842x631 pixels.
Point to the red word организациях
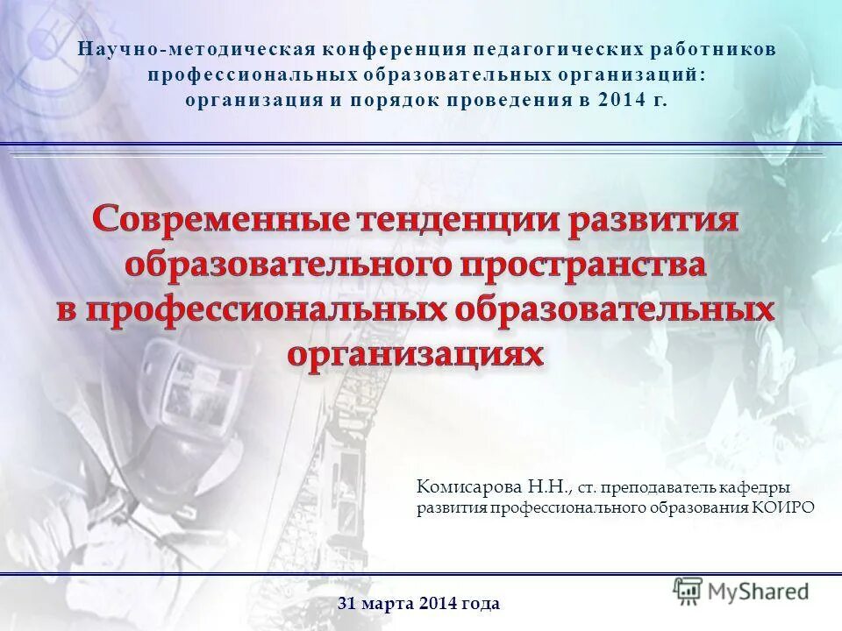pyautogui.click(x=415, y=353)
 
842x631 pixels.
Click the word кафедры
pyautogui.click(x=760, y=486)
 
